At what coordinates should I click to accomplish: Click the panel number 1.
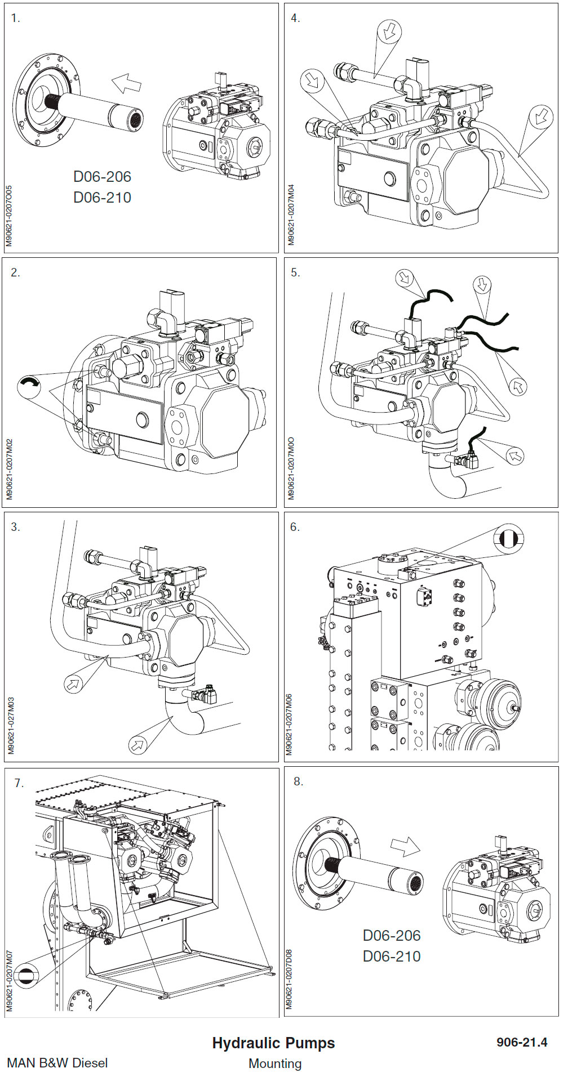point(15,19)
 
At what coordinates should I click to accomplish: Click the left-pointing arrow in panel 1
point(126,83)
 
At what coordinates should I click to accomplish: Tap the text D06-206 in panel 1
point(102,177)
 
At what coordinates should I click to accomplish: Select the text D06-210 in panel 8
point(392,956)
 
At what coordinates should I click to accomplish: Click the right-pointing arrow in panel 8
point(405,846)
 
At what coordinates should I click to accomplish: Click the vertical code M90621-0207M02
point(10,469)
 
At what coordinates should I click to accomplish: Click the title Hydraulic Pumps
point(273,1043)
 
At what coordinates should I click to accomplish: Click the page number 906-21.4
point(522,1042)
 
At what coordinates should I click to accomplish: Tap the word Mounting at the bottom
point(275,1063)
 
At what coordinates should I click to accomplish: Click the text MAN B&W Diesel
point(57,1063)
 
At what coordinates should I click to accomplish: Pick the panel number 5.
point(295,273)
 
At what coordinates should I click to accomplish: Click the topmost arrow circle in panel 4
point(389,31)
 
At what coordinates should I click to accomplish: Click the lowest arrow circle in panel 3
point(137,745)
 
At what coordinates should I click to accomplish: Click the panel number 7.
point(19,783)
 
